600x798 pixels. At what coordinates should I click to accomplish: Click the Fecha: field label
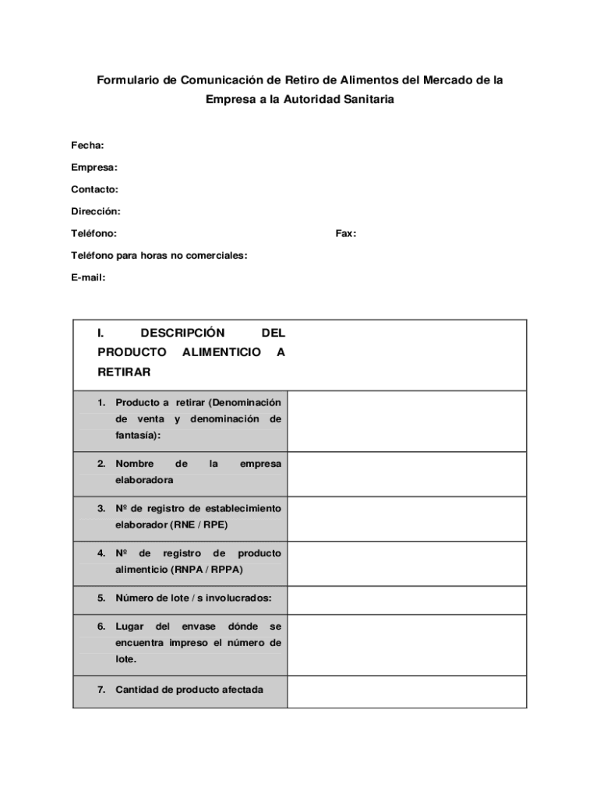click(87, 146)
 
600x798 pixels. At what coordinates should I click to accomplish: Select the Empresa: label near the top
click(94, 168)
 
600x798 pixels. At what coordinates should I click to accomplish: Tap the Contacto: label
click(94, 189)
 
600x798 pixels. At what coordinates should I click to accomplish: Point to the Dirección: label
click(96, 211)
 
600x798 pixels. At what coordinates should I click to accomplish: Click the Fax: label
click(346, 234)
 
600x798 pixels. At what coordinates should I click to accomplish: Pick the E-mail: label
click(88, 277)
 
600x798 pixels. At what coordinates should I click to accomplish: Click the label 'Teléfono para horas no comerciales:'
click(159, 256)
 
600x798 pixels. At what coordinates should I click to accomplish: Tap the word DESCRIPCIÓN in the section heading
click(182, 333)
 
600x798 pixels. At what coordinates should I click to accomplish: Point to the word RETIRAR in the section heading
click(124, 373)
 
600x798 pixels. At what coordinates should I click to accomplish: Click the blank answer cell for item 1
click(406, 421)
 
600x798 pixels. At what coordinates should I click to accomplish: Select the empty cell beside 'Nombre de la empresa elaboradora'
click(406, 474)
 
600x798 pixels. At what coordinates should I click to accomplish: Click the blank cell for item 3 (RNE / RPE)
click(406, 518)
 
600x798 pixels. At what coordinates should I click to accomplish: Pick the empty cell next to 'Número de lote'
click(406, 599)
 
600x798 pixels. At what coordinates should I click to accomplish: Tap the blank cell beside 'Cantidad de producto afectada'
click(406, 691)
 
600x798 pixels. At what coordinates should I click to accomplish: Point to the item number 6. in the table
click(101, 627)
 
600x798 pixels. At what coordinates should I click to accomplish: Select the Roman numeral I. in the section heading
click(101, 333)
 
